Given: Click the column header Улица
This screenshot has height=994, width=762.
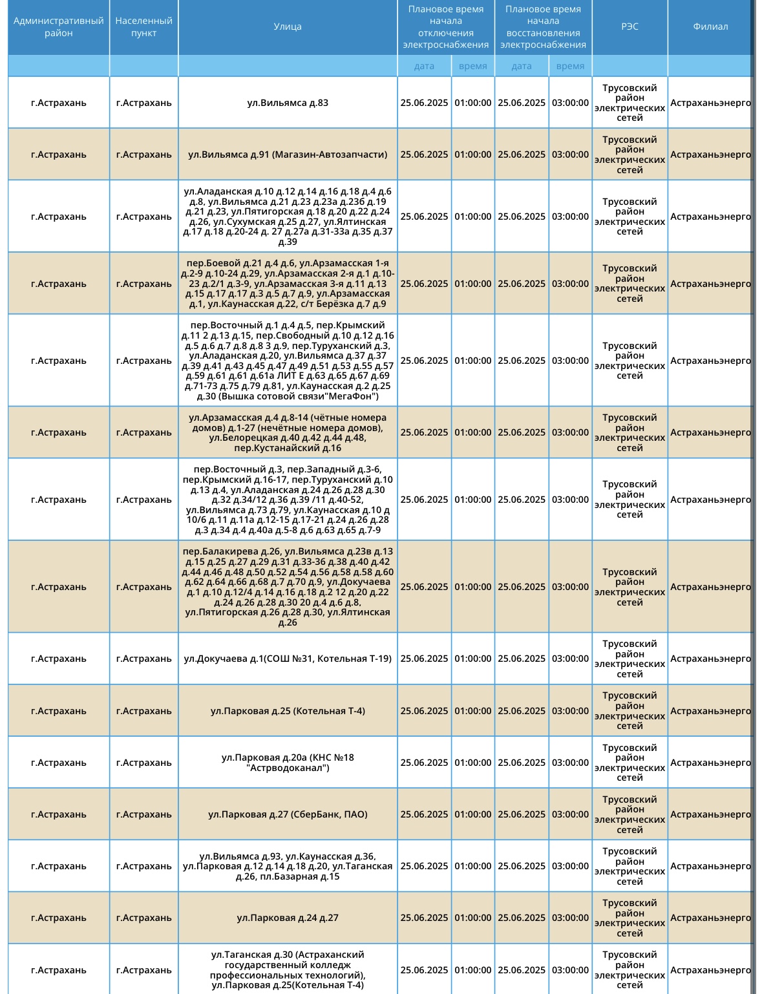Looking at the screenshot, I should point(287,27).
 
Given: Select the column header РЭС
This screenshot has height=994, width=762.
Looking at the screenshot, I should point(630,27).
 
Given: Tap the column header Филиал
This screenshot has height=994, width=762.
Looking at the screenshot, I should point(710,27).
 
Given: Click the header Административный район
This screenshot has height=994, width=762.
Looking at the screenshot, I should point(58,27).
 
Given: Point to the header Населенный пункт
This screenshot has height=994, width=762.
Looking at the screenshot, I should point(143,27).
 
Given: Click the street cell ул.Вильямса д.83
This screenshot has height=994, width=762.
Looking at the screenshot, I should point(287,103).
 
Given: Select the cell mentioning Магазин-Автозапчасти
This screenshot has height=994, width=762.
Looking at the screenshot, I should point(287,154).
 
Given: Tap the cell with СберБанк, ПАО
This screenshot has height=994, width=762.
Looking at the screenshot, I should point(287,814).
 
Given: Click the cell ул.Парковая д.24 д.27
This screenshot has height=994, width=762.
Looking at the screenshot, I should point(287,918).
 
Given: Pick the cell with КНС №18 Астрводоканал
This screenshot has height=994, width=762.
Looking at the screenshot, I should point(287,763).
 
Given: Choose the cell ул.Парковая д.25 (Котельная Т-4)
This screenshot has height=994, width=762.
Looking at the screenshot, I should point(287,711).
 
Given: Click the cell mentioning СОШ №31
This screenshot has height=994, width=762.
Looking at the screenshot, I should point(287,659).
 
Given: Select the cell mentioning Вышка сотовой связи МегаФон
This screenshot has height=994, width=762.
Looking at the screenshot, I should point(287,361).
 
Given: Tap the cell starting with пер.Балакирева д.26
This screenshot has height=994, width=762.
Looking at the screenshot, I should point(287,587).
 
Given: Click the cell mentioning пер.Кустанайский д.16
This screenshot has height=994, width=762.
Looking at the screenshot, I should point(287,432).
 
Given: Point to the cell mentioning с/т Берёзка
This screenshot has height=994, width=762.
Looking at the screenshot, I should point(287,284).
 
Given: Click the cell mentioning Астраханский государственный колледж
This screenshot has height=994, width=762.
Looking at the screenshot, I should point(287,969).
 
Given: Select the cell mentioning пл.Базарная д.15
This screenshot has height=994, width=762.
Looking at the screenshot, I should point(287,866).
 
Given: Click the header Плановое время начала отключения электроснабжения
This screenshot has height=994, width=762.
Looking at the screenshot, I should point(445,27).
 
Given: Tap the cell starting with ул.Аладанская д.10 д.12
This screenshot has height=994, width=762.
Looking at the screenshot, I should point(287,217).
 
